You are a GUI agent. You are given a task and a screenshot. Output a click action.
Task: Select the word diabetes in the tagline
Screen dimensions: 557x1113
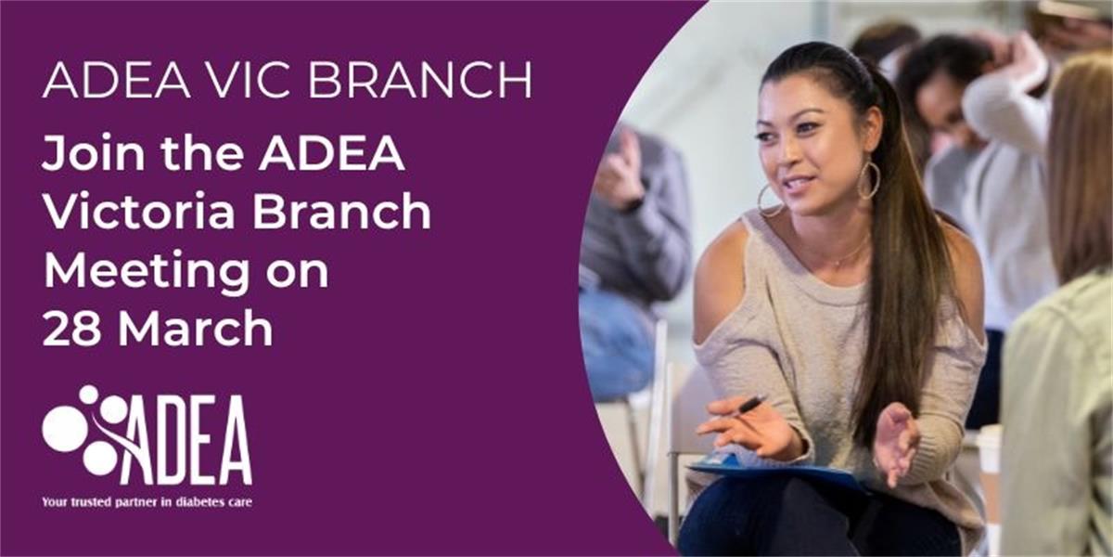(180, 502)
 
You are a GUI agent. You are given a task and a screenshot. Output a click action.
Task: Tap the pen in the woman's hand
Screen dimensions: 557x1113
(749, 404)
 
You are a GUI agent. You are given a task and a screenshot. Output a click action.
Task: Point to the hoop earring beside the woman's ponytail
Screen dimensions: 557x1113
(869, 180)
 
